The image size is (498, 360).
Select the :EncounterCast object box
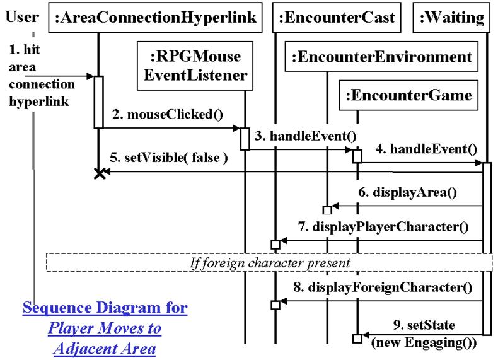(338, 18)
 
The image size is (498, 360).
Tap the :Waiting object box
(452, 18)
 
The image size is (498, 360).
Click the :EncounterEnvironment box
(381, 58)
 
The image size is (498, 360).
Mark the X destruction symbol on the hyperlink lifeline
(98, 173)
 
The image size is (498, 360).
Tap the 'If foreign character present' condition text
(270, 260)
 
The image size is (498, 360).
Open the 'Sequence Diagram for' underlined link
(105, 309)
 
